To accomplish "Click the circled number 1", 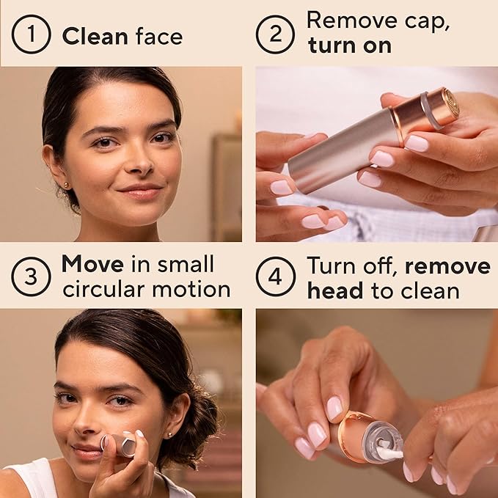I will [31, 36].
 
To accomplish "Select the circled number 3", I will [31, 277].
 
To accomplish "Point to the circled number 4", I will [276, 277].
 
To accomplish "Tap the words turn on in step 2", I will [349, 45].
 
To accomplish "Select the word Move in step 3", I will [92, 264].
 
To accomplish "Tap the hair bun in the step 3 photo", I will [199, 421].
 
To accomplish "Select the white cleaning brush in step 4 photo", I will [388, 453].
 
